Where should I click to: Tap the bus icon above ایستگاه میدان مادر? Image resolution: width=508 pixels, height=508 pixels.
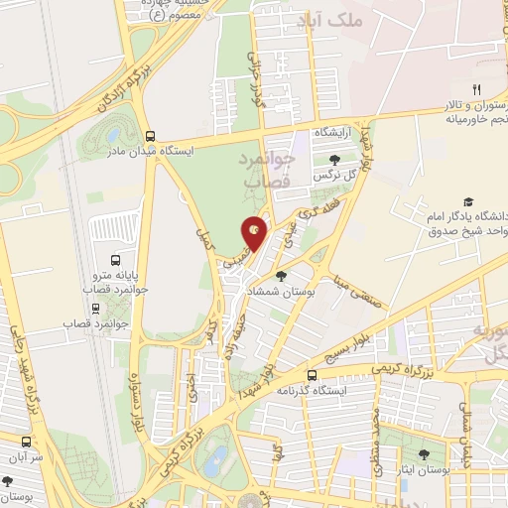click(150, 138)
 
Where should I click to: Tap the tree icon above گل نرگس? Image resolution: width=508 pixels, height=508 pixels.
click(333, 158)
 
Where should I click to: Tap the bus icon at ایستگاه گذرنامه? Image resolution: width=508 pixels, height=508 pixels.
click(312, 375)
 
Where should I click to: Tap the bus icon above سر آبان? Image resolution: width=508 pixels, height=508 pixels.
click(26, 442)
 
